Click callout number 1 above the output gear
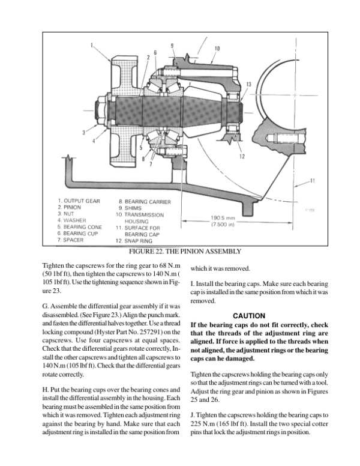click(x=92, y=46)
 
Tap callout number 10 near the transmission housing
click(x=217, y=49)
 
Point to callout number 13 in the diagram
click(x=248, y=85)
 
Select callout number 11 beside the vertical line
click(x=312, y=181)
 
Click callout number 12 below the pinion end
click(x=242, y=156)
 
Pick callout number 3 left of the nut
click(x=84, y=133)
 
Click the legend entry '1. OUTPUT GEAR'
click(x=79, y=201)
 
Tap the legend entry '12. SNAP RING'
click(x=134, y=241)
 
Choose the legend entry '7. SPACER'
click(x=70, y=240)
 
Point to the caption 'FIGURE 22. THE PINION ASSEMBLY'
click(x=185, y=252)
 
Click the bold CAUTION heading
click(x=249, y=316)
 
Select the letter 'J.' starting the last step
click(x=193, y=415)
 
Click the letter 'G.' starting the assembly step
click(x=46, y=306)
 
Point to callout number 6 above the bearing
click(x=155, y=53)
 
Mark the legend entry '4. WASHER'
click(x=71, y=220)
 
